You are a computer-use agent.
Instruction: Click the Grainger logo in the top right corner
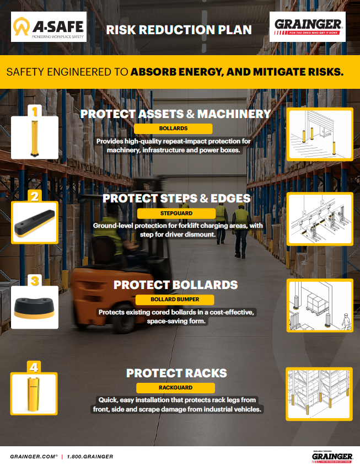(x=308, y=26)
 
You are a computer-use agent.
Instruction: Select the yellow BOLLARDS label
(x=173, y=129)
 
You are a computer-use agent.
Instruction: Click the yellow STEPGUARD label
(x=173, y=212)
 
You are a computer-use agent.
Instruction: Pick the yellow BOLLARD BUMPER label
(x=175, y=300)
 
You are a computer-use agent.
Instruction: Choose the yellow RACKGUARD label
(x=174, y=387)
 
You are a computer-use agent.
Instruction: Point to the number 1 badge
(x=35, y=112)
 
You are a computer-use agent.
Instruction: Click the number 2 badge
(x=35, y=196)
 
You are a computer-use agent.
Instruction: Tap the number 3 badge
(x=35, y=281)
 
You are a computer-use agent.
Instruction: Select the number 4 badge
(x=35, y=367)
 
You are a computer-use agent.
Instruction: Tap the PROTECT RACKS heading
(x=176, y=373)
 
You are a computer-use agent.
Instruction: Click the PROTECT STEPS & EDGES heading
(x=176, y=198)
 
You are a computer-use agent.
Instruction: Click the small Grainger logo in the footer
(x=332, y=456)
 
